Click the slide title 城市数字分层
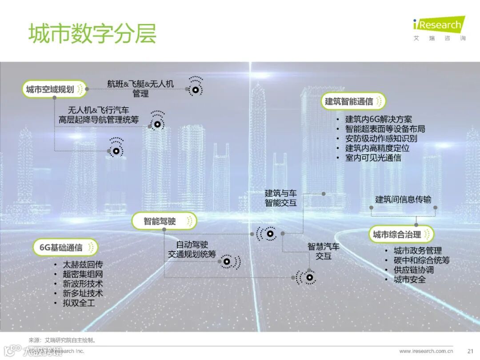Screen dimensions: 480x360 [x=92, y=33]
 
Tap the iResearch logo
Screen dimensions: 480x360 [x=439, y=25]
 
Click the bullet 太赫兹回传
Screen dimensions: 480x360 [x=83, y=264]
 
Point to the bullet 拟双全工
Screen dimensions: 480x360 [x=79, y=303]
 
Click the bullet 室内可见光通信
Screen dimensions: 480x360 [x=373, y=158]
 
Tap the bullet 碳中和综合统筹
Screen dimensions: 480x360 [x=422, y=260]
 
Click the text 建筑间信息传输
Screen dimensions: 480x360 [x=403, y=199]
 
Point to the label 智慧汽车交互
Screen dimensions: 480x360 [x=324, y=251]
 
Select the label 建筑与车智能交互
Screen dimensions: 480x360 [x=280, y=198]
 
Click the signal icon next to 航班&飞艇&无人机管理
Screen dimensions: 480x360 [x=195, y=89]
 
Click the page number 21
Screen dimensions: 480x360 [x=470, y=351]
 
